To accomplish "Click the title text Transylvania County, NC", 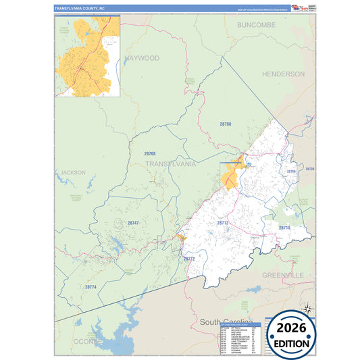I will coord(80,9).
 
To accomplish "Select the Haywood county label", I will coord(142,59).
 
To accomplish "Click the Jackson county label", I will coord(73,172).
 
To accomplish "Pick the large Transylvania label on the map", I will coord(171,164).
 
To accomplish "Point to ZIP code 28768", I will coord(225,124).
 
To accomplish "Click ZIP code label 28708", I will coord(149,154).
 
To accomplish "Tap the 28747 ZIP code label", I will coord(133,222).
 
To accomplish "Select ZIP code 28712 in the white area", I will coord(223,222).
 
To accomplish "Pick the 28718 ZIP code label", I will coord(284,228).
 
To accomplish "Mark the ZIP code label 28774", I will coord(91,287).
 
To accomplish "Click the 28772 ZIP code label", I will coord(189,258).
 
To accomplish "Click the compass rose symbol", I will coord(307,308).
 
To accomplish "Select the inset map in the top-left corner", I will coord(87,57).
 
